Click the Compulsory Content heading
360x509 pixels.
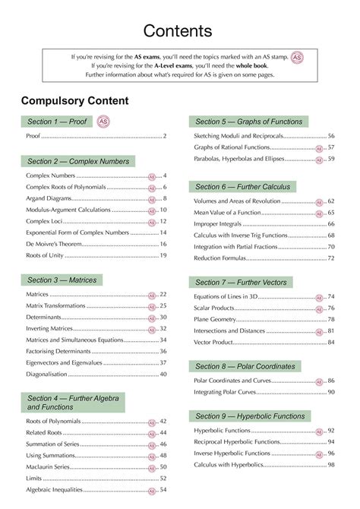click(x=75, y=101)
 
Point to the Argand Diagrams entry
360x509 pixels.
click(x=50, y=198)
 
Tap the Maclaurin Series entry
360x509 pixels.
click(x=47, y=467)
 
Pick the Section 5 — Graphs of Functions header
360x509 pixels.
click(x=248, y=122)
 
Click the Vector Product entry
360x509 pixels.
click(x=216, y=342)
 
